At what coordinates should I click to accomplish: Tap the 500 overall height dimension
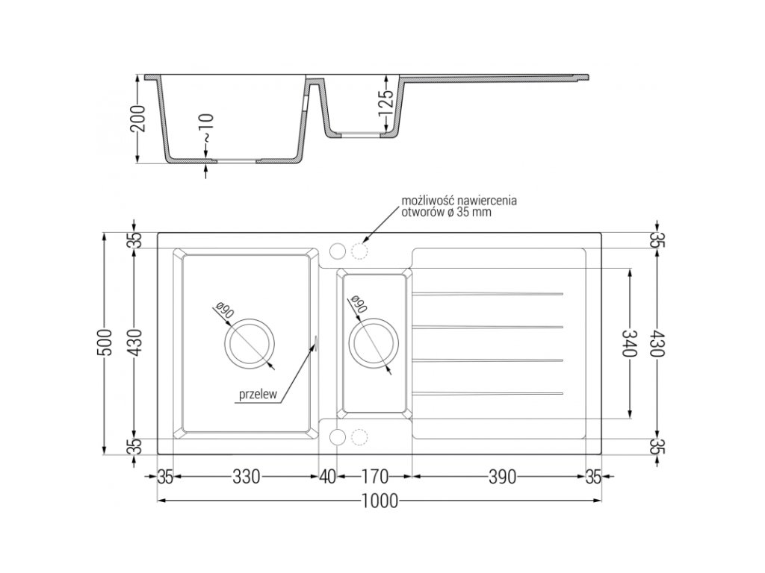[108, 342]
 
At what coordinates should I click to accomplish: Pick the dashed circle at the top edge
[361, 251]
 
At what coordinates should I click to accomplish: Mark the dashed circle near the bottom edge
[361, 436]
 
